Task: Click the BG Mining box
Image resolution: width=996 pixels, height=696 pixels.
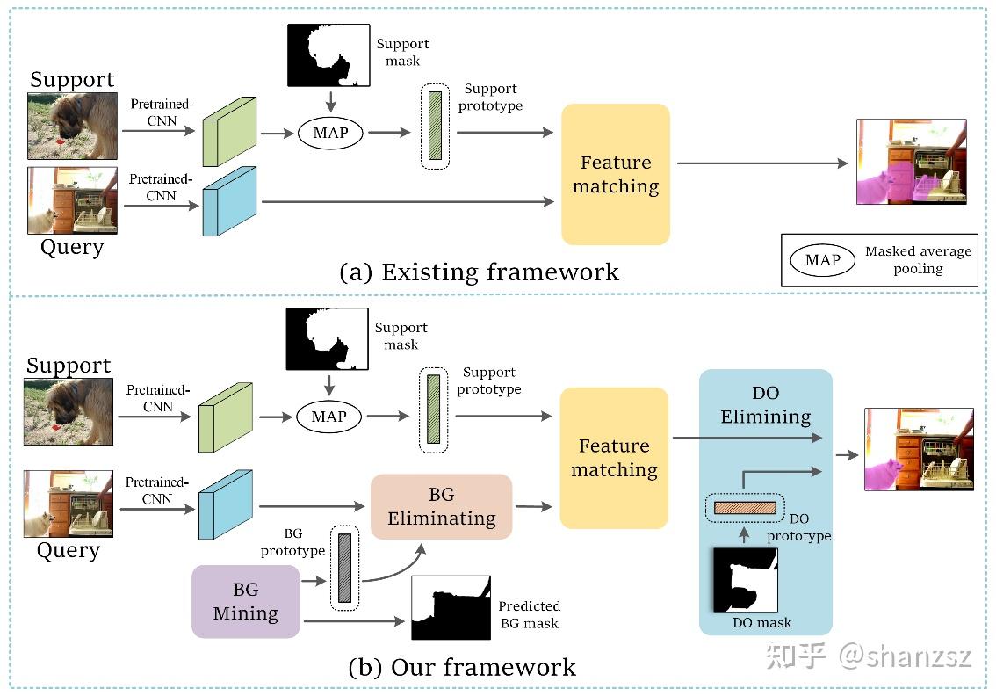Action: pyautogui.click(x=245, y=601)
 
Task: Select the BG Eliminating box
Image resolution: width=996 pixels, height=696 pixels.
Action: pyautogui.click(x=441, y=506)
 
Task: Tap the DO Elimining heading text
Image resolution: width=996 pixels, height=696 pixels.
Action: pyautogui.click(x=765, y=404)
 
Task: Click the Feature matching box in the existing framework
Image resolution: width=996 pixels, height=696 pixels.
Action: pyautogui.click(x=615, y=174)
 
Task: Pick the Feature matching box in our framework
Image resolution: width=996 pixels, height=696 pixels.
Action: pyautogui.click(x=614, y=458)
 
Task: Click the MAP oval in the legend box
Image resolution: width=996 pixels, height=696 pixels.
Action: pyautogui.click(x=822, y=260)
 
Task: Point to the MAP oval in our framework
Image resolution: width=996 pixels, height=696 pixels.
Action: pyautogui.click(x=328, y=417)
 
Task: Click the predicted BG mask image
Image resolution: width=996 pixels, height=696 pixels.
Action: pyautogui.click(x=451, y=607)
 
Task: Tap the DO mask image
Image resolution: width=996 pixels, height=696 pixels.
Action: pyautogui.click(x=745, y=580)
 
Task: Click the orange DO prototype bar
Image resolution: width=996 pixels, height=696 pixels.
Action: pyautogui.click(x=745, y=507)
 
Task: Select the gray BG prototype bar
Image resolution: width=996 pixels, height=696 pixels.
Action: pyautogui.click(x=344, y=568)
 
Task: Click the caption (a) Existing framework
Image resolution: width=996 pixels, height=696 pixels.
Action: pyautogui.click(x=479, y=272)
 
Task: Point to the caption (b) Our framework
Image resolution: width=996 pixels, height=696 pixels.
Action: pyautogui.click(x=462, y=667)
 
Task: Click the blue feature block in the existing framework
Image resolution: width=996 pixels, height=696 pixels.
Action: pyautogui.click(x=228, y=201)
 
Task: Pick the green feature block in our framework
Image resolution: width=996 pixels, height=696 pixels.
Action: pyautogui.click(x=226, y=417)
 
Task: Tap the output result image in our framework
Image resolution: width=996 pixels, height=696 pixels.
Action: pyautogui.click(x=919, y=449)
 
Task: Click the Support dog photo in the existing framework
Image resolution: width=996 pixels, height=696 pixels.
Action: pyautogui.click(x=72, y=126)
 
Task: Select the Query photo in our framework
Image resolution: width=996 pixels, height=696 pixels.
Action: pyautogui.click(x=69, y=504)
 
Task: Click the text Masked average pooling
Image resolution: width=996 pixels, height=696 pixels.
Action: pyautogui.click(x=918, y=260)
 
